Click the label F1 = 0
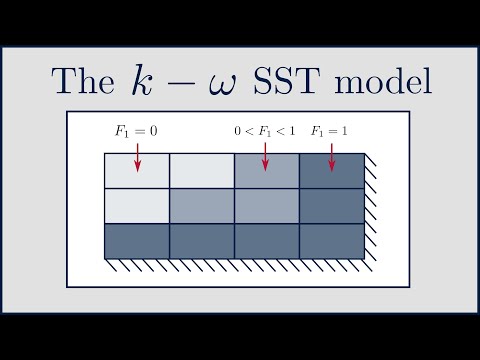coord(137,131)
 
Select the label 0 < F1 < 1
coord(264,131)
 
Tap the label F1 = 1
coord(331,131)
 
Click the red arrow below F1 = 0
coord(137,155)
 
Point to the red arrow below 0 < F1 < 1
coord(265,155)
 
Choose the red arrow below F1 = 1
coord(331,155)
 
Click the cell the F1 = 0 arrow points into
coord(137,172)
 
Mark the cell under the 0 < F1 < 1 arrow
coord(266,172)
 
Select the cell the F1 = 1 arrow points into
coord(331,172)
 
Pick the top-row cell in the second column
coord(201,172)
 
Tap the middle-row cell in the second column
coord(201,206)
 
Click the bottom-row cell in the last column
coord(331,240)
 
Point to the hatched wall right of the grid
coord(369,205)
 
